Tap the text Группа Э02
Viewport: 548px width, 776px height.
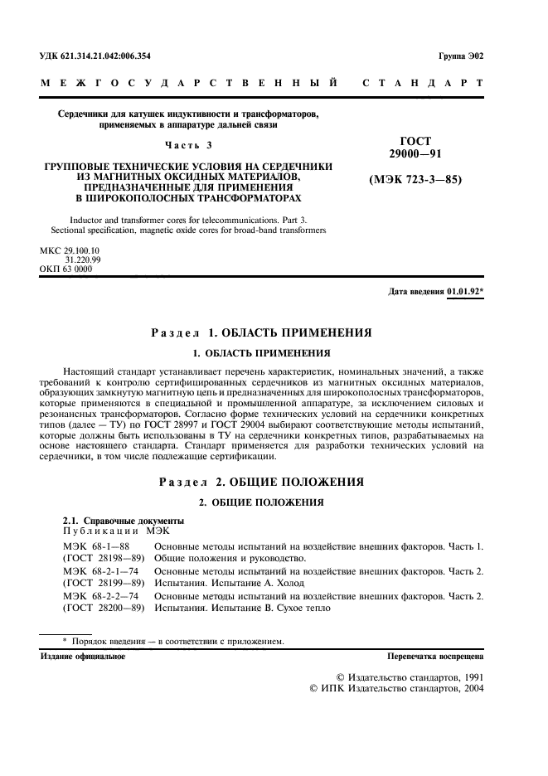[x=459, y=56]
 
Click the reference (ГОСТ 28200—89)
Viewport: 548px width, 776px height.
[x=104, y=608]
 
